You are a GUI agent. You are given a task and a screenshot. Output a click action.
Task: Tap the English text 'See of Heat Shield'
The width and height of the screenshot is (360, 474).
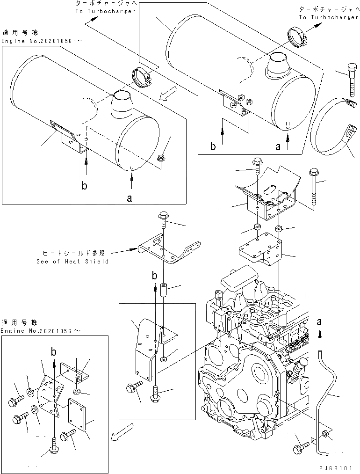point(72,262)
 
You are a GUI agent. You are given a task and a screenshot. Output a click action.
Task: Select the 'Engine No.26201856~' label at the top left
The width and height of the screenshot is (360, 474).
point(42,42)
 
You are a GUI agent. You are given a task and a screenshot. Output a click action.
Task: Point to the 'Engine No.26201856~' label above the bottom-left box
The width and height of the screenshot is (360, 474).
point(42,331)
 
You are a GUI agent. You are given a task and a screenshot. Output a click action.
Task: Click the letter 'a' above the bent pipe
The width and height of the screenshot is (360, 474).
point(320,321)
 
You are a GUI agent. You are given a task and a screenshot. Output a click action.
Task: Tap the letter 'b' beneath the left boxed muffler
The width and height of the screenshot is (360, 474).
point(85,185)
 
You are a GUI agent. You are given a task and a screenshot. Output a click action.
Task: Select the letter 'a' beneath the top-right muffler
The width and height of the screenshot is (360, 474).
point(278,146)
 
